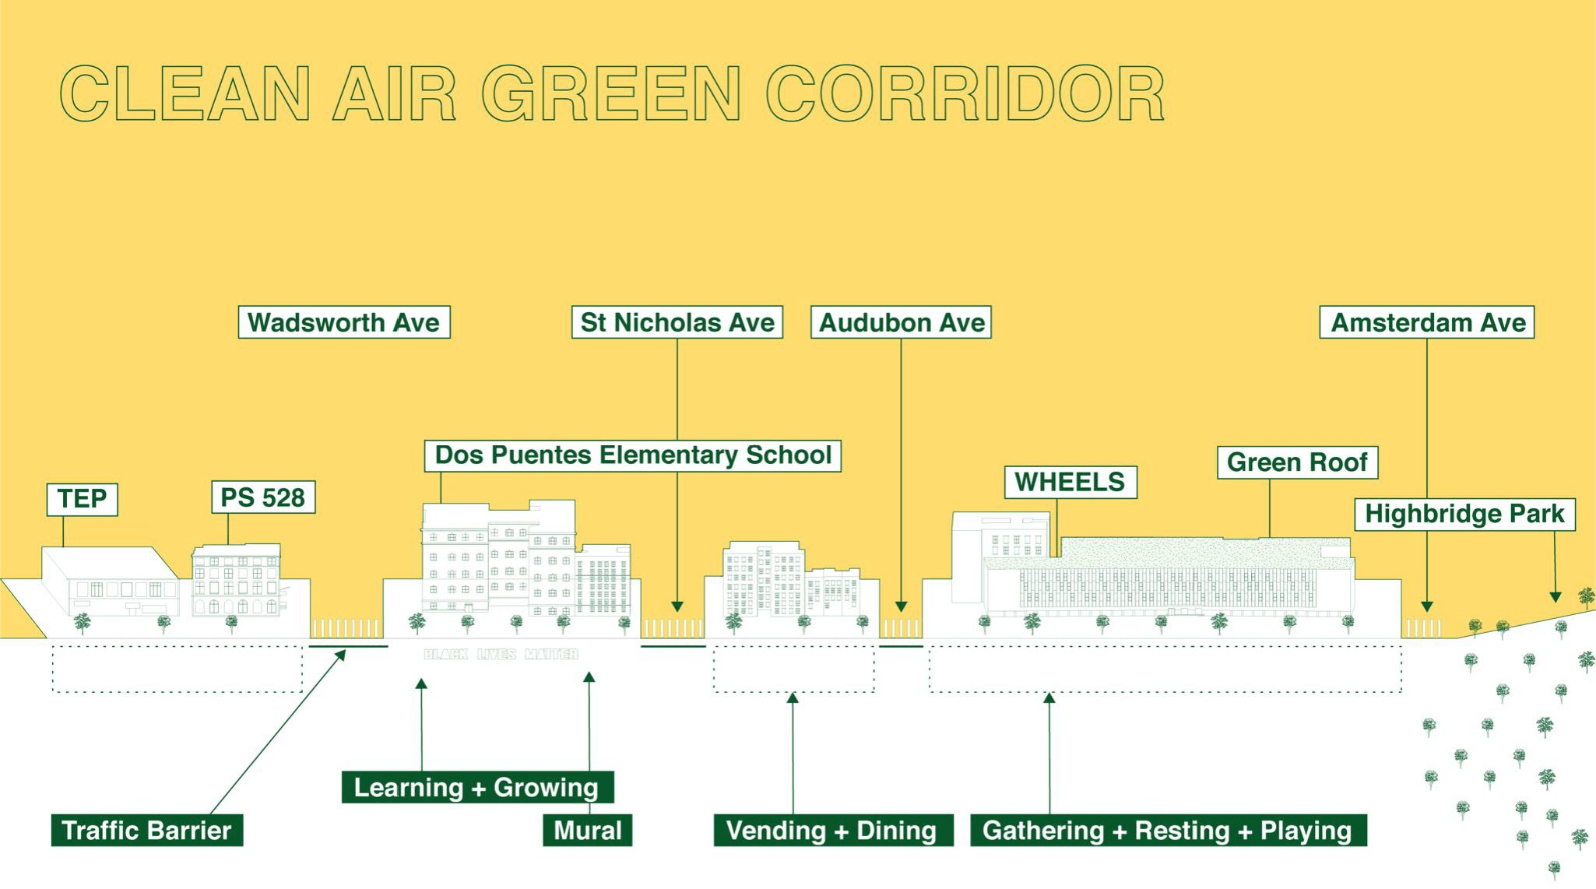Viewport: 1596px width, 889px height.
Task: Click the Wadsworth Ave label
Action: pos(344,322)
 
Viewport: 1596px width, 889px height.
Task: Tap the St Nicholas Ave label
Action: pos(677,322)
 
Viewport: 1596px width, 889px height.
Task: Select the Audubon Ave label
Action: pos(902,322)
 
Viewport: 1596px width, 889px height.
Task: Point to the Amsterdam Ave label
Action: pos(1427,322)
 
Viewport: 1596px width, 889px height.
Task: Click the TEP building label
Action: pos(83,499)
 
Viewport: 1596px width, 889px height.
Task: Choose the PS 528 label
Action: pos(263,497)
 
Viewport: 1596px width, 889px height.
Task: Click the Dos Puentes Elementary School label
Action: pos(633,455)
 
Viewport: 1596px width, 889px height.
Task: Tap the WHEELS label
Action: pos(1070,482)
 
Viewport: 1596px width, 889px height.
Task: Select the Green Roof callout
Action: pos(1298,462)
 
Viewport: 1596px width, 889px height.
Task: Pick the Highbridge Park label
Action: pos(1465,515)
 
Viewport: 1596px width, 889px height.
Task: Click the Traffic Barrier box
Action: pos(147,830)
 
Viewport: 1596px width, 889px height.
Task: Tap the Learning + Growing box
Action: pos(477,787)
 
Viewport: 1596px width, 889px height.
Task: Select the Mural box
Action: pos(588,830)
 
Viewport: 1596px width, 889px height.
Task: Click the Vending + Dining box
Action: pos(833,830)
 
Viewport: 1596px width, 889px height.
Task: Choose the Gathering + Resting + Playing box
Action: pos(1168,830)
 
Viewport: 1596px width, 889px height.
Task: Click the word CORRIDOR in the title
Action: pos(965,94)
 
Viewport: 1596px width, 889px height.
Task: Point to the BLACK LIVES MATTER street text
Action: pos(501,655)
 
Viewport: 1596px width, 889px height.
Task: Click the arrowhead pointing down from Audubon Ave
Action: pos(901,606)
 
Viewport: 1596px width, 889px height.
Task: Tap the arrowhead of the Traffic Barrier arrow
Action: pos(340,655)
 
